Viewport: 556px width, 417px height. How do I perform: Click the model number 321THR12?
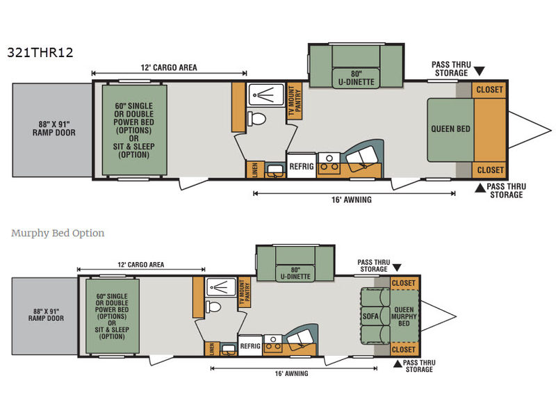40,53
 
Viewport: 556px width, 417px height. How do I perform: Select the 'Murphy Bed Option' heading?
58,233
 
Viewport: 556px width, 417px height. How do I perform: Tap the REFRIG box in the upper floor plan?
302,166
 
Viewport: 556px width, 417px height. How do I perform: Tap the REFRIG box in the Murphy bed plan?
250,345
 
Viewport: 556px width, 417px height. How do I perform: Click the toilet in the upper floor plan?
256,118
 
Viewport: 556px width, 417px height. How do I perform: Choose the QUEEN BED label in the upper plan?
450,129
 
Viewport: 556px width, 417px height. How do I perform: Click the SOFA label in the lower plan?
370,316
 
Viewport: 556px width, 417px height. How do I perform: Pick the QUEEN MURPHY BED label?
404,316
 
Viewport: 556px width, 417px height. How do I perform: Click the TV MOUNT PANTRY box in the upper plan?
295,101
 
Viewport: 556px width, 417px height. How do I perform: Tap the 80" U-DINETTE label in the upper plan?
356,78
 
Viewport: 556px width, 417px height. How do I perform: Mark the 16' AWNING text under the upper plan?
352,199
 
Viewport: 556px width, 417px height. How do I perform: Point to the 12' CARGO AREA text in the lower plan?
141,265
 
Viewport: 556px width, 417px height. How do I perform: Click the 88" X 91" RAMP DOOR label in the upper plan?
54,129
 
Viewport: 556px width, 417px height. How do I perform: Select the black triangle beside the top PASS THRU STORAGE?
479,71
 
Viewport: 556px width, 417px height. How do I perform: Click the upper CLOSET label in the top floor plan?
489,90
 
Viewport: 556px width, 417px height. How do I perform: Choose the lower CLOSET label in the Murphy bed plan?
404,350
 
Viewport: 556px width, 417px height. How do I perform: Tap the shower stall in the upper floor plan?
266,95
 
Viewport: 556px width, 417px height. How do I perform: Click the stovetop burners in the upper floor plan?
329,163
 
